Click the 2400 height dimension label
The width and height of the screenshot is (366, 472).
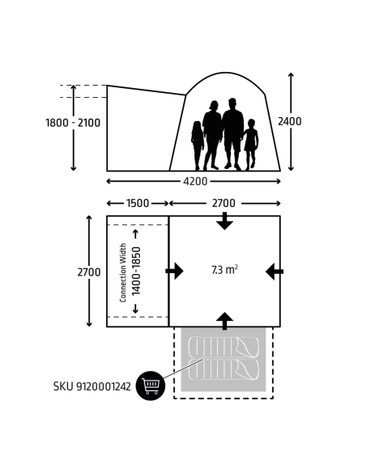coord(289,121)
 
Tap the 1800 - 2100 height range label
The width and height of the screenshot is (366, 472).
coord(73,123)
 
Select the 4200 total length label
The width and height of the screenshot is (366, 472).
coord(195,181)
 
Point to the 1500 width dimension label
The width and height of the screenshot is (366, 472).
coord(138,203)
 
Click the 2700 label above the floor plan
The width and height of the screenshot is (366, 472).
coord(223,203)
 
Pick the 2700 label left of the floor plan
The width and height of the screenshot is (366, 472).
coord(89,272)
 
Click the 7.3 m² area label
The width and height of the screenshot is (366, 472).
coord(224,270)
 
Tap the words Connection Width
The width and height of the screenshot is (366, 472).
coord(123,272)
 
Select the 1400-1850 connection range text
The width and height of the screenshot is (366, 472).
coord(136,271)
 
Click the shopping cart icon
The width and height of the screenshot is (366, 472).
coord(151,386)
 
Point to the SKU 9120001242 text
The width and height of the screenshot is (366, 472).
coord(92,386)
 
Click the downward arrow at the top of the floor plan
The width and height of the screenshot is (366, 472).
coord(224,221)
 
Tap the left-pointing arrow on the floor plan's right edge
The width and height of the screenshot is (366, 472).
coord(274,272)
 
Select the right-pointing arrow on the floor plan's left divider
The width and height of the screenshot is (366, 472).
coord(174,271)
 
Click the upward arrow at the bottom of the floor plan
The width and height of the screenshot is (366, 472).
coord(224,321)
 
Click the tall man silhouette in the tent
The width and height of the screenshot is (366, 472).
coord(232,134)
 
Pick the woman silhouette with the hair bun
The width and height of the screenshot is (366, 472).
coord(212,136)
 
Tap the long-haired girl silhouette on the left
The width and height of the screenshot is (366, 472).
coord(198,145)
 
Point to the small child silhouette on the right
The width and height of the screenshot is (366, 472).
coord(250,145)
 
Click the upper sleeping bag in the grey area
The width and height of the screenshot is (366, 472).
coord(223,347)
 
